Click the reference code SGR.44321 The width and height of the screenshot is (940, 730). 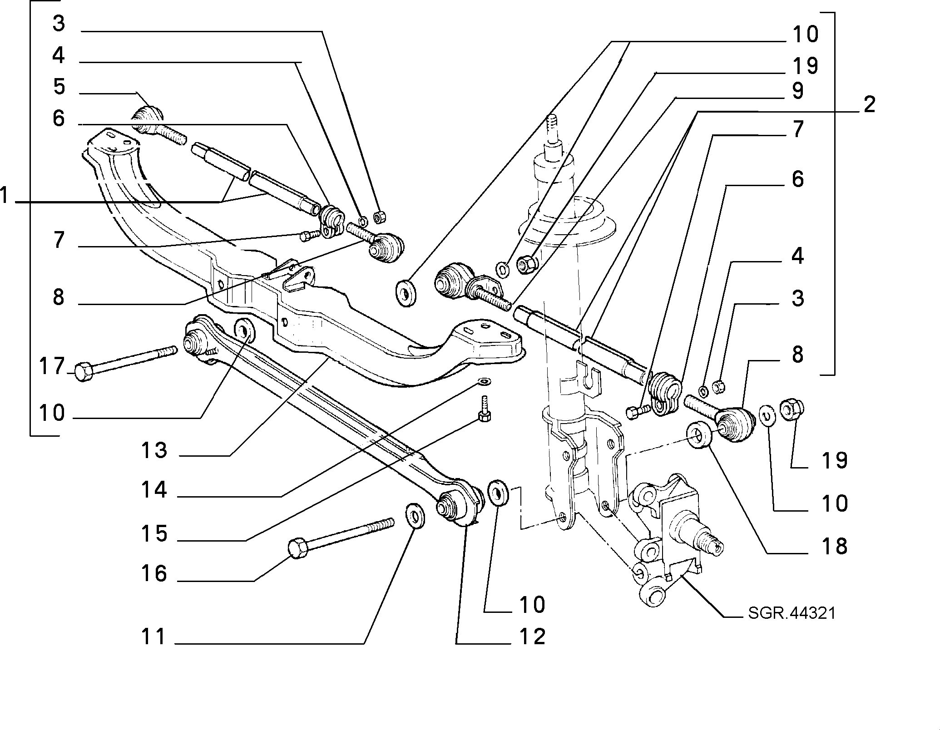792,613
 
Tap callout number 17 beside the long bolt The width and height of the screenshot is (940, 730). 52,366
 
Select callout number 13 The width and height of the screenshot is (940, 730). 154,450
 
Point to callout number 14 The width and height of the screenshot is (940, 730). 154,490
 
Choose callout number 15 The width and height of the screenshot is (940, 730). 154,533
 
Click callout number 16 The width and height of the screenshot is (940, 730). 154,573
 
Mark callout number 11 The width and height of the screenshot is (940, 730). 153,636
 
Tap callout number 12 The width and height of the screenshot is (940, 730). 532,636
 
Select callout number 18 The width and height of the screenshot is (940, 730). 835,546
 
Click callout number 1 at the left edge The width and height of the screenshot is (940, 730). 4,196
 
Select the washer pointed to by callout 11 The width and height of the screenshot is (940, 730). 415,516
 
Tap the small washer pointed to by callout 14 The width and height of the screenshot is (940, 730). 485,380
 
